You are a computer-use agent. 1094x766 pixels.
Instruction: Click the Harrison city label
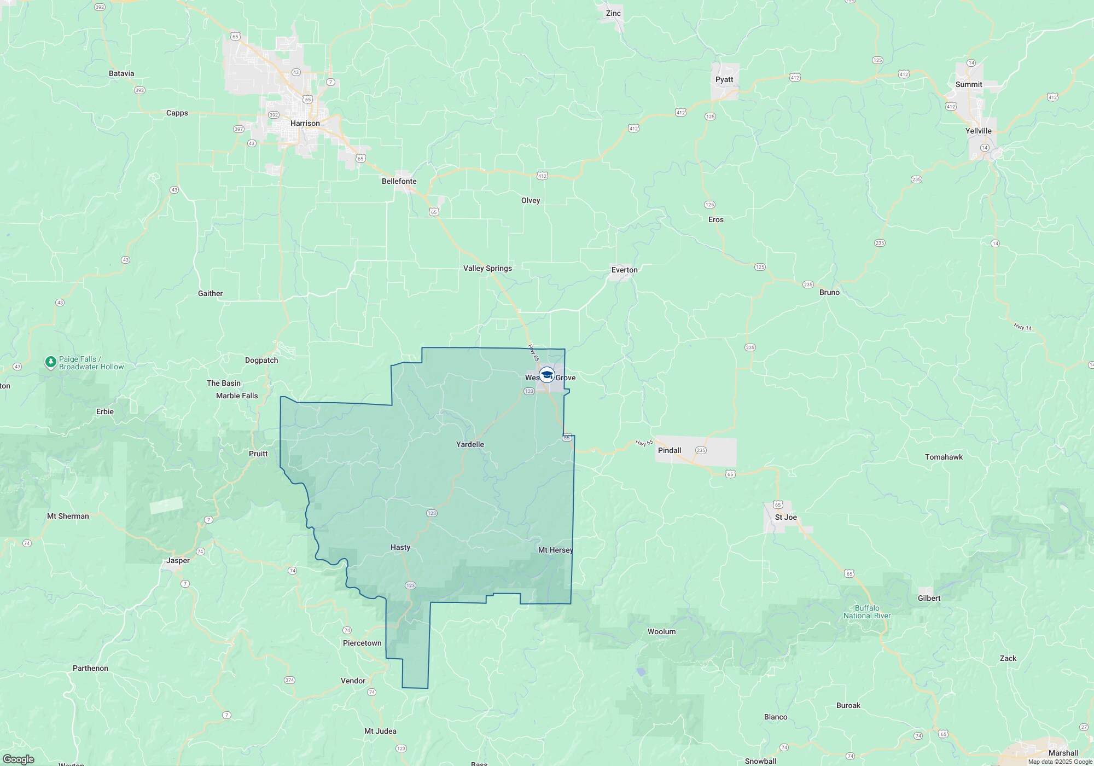click(305, 123)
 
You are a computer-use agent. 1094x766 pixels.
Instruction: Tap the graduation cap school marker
click(546, 375)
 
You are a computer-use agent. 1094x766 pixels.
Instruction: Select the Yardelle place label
click(470, 444)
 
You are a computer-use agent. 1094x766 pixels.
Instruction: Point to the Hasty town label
click(400, 547)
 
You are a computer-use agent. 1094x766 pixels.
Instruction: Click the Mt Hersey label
click(555, 550)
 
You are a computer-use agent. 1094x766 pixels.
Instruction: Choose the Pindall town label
click(669, 450)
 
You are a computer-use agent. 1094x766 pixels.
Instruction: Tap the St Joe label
click(785, 517)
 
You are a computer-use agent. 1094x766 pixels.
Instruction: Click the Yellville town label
click(978, 131)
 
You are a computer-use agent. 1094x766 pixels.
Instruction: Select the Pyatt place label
click(724, 79)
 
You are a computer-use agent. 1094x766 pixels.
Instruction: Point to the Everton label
click(624, 270)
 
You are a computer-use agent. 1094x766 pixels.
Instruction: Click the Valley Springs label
click(487, 268)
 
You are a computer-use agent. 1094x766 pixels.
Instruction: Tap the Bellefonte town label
click(399, 181)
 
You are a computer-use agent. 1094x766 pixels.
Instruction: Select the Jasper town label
click(178, 560)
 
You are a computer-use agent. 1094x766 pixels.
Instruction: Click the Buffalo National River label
click(867, 612)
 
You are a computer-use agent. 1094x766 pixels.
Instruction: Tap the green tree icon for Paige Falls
click(51, 362)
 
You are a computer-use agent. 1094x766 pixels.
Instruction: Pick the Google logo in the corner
click(18, 759)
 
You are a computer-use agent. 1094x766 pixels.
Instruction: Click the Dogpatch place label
click(261, 360)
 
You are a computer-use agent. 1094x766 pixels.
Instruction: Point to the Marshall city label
click(1063, 753)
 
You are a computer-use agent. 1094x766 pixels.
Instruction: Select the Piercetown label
click(362, 643)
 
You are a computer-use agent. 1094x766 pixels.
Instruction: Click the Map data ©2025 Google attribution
click(1060, 762)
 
